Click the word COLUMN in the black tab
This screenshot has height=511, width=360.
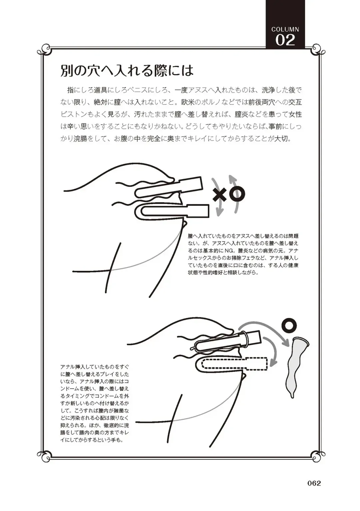tap(285, 29)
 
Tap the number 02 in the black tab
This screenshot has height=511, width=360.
tap(285, 41)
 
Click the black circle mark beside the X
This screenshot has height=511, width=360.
tap(237, 194)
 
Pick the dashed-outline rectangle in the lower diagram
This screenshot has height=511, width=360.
tap(235, 364)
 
